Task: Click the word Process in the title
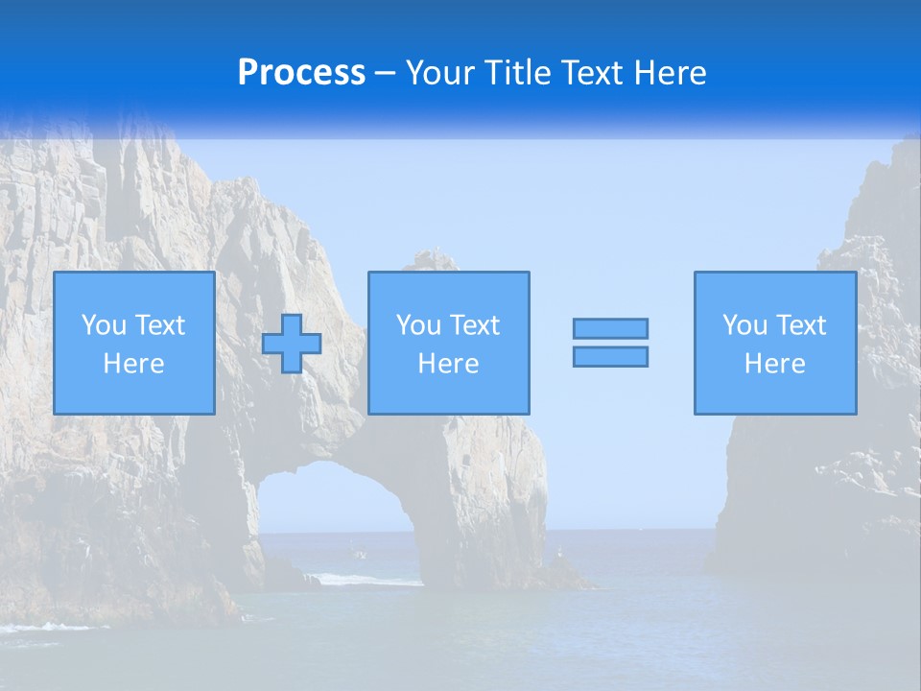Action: [x=301, y=73]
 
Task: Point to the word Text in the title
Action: [x=593, y=73]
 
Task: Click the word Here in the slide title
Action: [x=671, y=73]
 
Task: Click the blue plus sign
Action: [x=292, y=343]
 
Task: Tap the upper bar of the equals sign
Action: [x=610, y=328]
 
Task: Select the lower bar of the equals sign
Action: [x=610, y=356]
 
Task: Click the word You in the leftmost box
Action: [x=104, y=325]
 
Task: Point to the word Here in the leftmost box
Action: [x=133, y=364]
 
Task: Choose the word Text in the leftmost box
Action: [x=159, y=325]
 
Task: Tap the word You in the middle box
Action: [x=418, y=325]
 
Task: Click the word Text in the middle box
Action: [x=474, y=325]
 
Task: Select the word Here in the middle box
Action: [x=448, y=364]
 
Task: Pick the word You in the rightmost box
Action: [x=744, y=325]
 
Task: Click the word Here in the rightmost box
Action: [x=774, y=364]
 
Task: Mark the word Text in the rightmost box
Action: [x=800, y=325]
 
